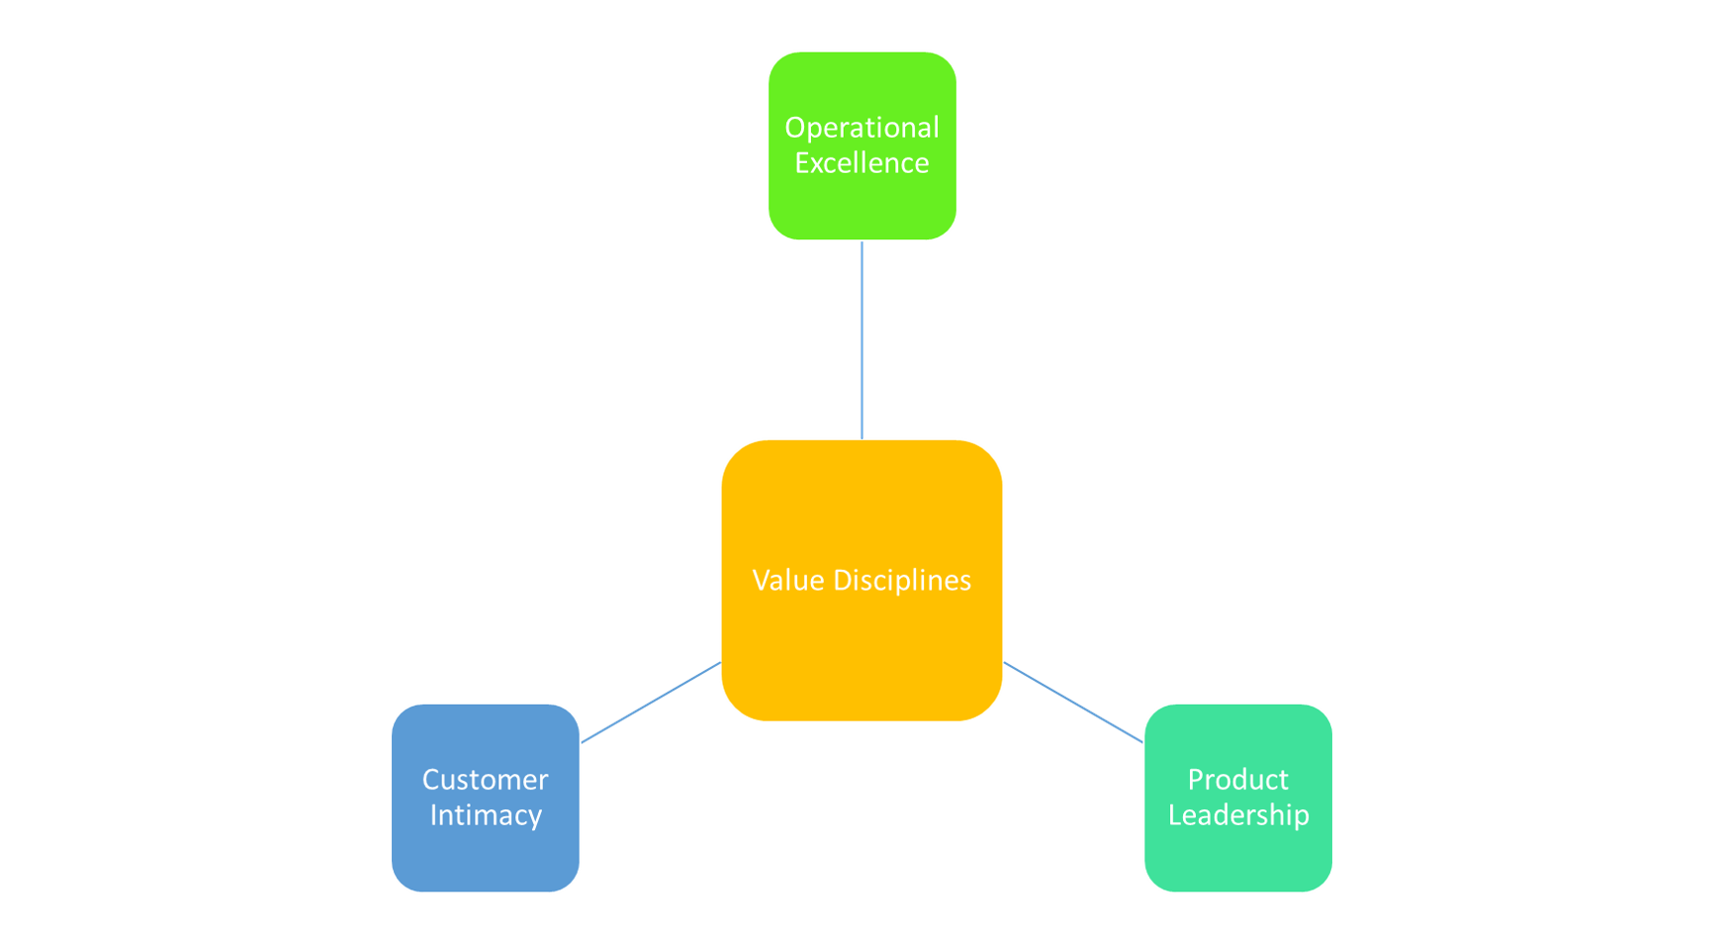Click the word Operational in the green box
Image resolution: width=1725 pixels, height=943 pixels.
(862, 128)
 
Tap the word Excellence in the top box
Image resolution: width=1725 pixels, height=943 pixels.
(862, 163)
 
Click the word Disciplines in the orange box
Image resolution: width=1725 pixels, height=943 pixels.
(902, 580)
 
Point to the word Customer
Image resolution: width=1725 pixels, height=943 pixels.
(485, 780)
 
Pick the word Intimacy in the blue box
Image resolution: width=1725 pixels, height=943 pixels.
(485, 815)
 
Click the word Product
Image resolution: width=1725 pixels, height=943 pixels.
(1237, 780)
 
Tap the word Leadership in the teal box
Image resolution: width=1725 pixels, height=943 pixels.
(1237, 815)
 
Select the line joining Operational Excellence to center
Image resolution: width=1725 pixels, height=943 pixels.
(862, 339)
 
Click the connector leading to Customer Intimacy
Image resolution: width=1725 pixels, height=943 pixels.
(650, 703)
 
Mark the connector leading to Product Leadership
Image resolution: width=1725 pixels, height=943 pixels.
(1073, 703)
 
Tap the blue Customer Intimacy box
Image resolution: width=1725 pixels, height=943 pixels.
(485, 861)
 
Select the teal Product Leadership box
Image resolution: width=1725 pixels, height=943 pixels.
(1237, 861)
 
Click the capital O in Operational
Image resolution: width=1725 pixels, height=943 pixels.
(794, 128)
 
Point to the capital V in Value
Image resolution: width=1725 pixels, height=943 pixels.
(762, 580)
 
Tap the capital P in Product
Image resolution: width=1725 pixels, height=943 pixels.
(1195, 780)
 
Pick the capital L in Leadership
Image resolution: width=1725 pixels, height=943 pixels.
(1174, 815)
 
